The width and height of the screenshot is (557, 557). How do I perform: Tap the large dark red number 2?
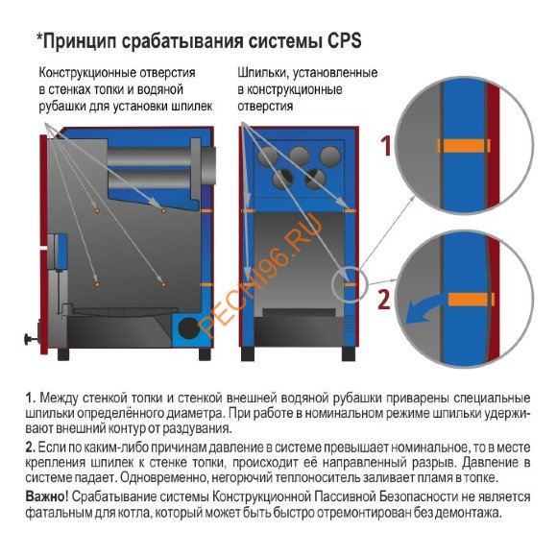coord(384,299)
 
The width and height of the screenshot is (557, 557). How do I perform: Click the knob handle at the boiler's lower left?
coord(24,339)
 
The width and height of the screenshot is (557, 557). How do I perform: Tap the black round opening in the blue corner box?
coord(188,330)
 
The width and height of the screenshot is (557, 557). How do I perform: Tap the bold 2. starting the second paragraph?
coord(31,447)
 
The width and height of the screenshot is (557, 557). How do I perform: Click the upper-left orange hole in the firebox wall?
coord(97,208)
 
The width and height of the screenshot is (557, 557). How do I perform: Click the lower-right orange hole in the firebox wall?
coord(164,282)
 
